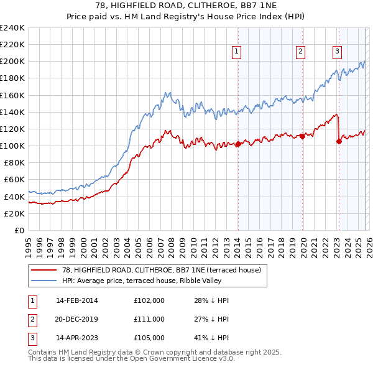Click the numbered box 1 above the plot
pyautogui.click(x=237, y=52)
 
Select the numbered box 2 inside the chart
pyautogui.click(x=300, y=52)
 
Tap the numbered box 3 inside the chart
pyautogui.click(x=336, y=52)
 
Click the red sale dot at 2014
pyautogui.click(x=238, y=144)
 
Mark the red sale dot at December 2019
pyautogui.click(x=303, y=136)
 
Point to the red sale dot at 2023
pyautogui.click(x=339, y=141)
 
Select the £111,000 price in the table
pyautogui.click(x=149, y=319)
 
